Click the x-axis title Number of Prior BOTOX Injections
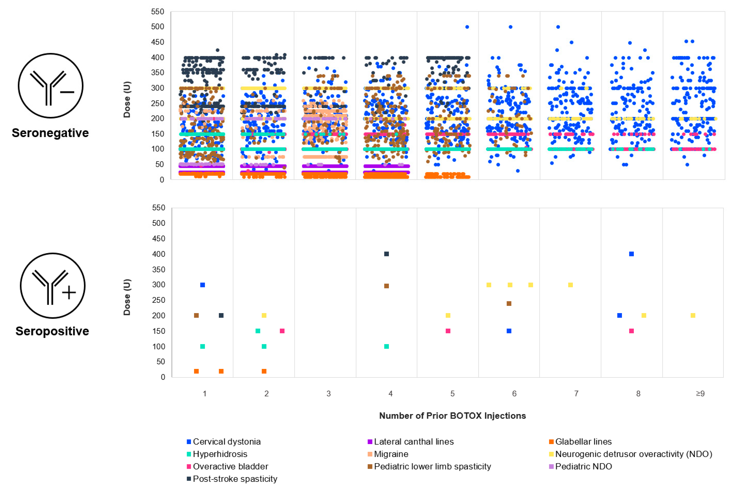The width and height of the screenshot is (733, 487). click(452, 416)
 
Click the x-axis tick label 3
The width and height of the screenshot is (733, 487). click(329, 394)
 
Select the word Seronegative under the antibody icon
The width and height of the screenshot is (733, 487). click(50, 133)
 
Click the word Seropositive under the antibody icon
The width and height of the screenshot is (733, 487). click(52, 331)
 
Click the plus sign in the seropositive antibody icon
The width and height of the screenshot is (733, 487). click(69, 293)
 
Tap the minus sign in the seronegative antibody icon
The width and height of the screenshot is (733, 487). click(67, 92)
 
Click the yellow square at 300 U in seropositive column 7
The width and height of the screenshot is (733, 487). click(570, 285)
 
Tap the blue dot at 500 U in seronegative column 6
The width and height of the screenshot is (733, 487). click(510, 27)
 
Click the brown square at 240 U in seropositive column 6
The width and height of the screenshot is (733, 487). click(509, 303)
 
